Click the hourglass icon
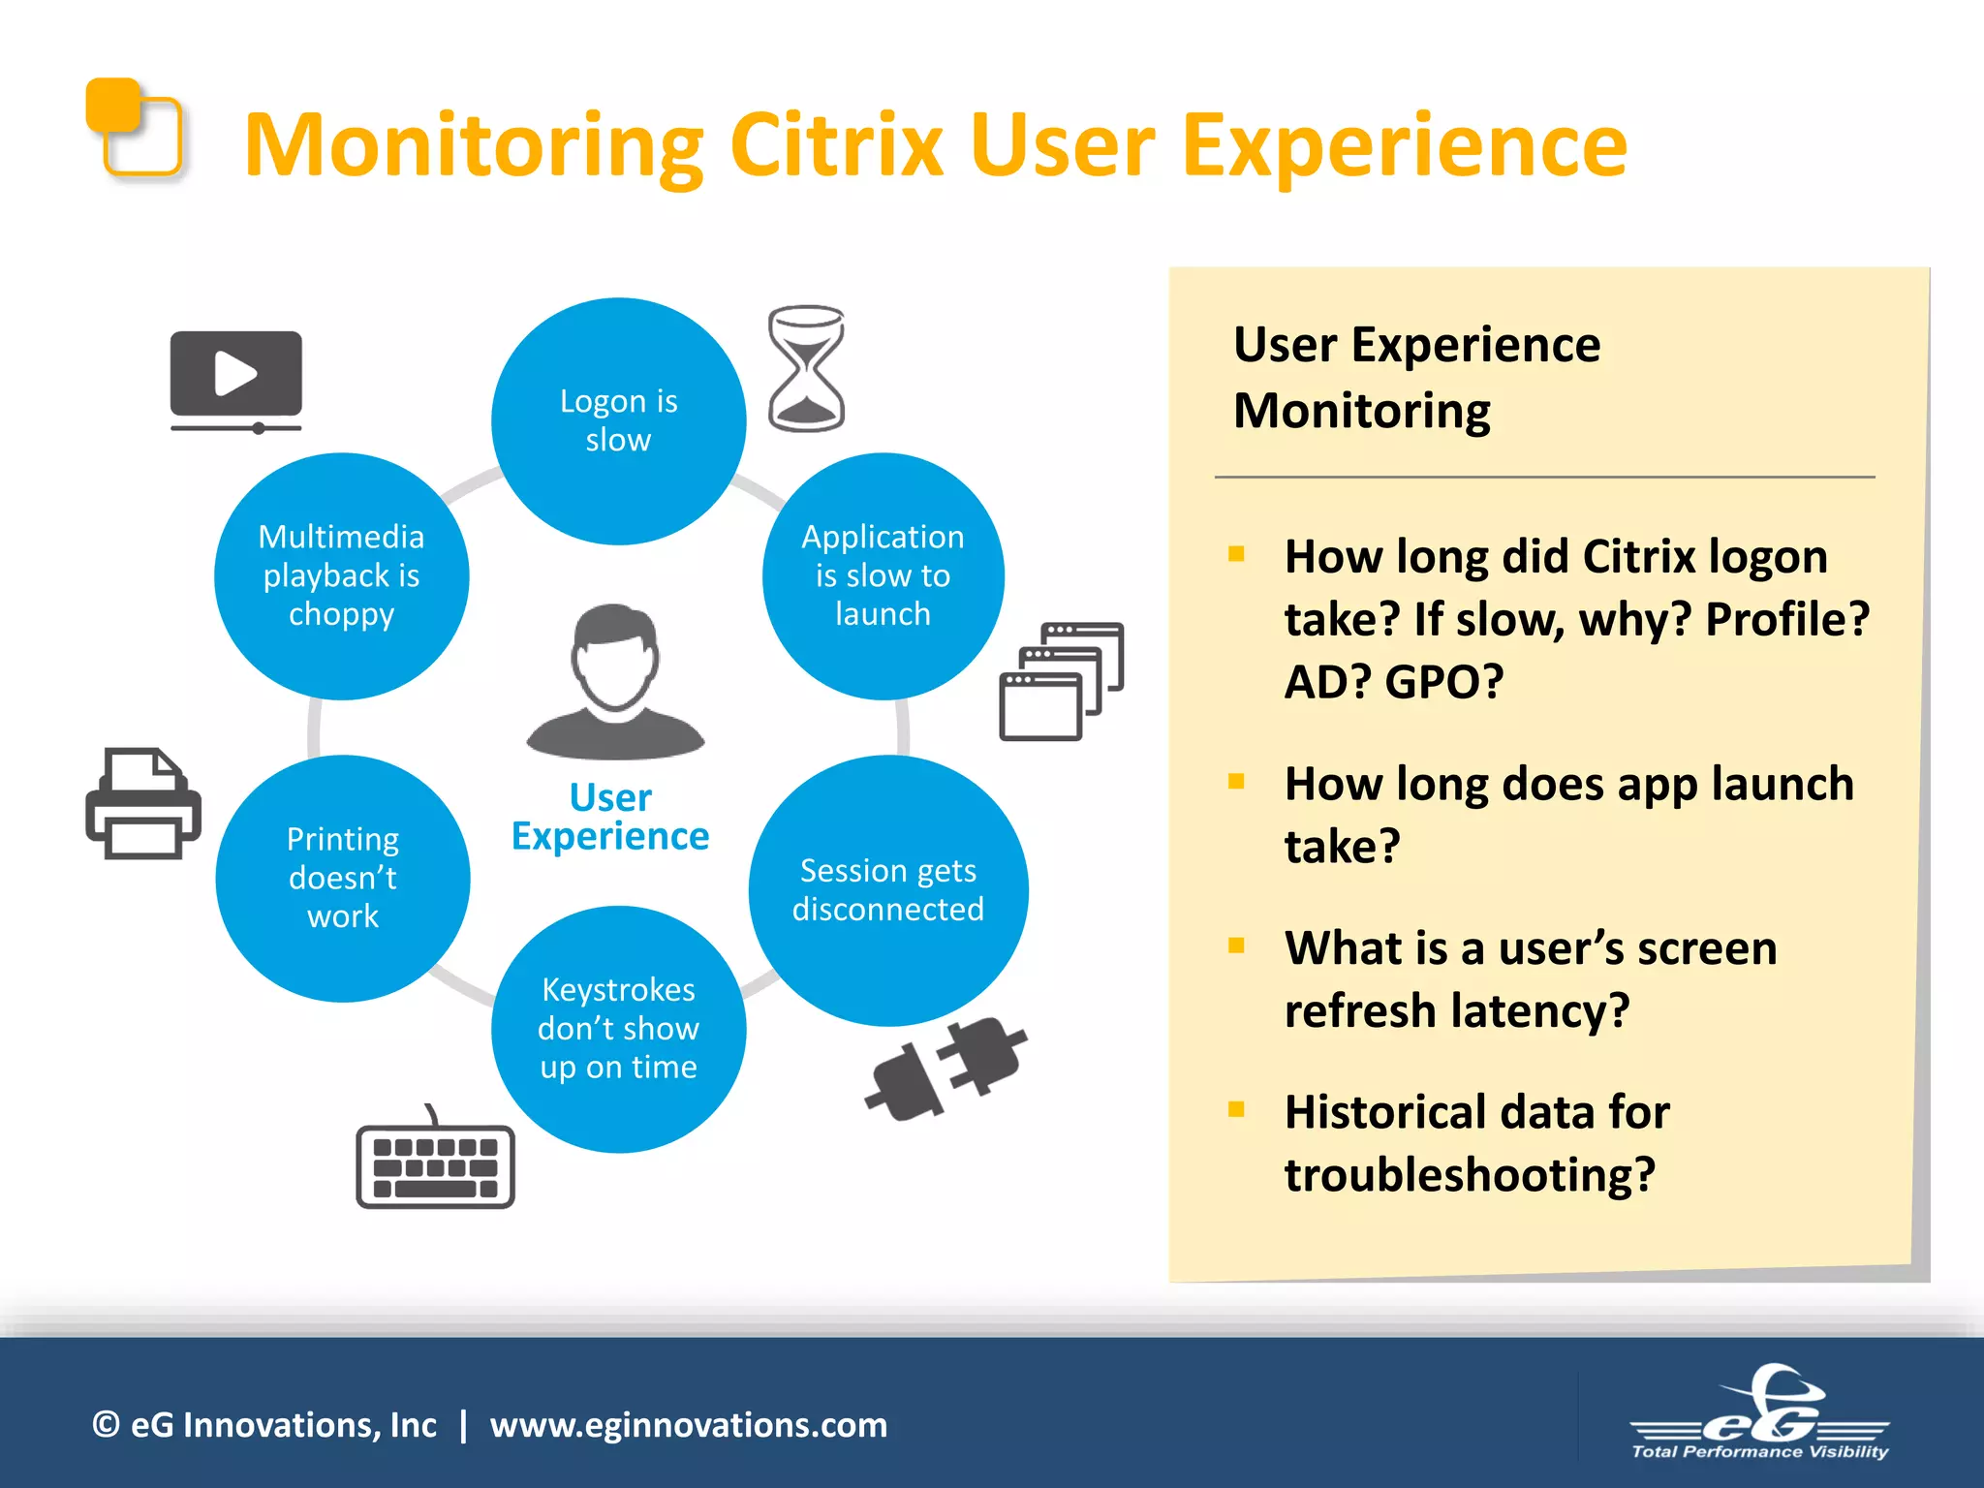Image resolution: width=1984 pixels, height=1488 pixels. pos(806,368)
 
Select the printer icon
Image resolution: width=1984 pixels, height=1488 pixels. pos(143,804)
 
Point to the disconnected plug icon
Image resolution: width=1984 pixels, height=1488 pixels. pos(945,1070)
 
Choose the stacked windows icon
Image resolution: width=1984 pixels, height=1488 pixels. pos(1061,682)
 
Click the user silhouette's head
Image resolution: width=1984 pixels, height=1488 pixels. pos(614,655)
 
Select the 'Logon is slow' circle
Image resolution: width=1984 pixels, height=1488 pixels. pos(618,421)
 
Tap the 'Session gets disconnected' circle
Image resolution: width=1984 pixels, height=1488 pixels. pos(887,890)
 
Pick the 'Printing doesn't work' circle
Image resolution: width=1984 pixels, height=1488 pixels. pos(343,878)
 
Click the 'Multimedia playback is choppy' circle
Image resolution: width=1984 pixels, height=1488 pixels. pos(341,575)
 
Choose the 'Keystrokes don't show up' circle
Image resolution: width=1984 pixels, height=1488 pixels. pos(618,1029)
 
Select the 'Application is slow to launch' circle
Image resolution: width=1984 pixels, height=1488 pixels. pos(883,575)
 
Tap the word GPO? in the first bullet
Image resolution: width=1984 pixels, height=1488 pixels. pos(1443,682)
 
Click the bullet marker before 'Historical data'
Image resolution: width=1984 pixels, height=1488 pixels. pos(1236,1110)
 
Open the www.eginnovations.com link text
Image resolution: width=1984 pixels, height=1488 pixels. pos(688,1425)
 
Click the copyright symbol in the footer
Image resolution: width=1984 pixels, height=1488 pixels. pos(106,1425)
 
